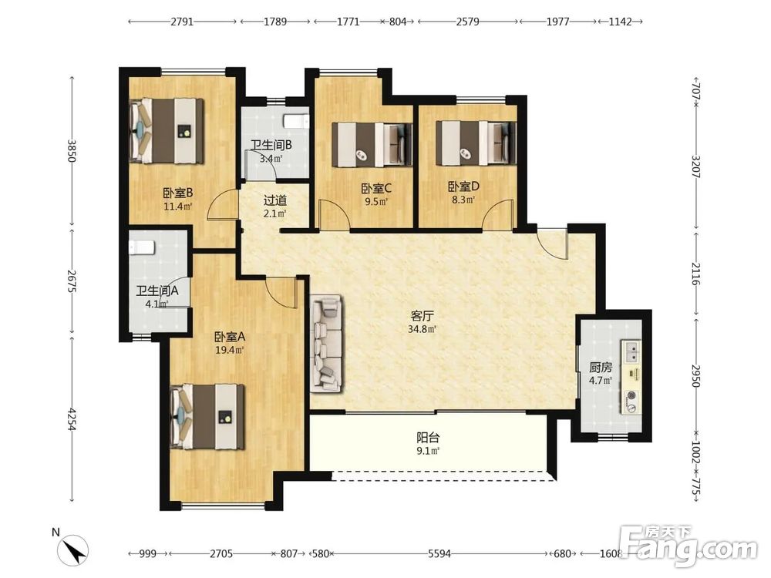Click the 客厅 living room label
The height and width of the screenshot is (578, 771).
pos(422,315)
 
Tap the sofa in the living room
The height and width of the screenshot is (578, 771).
pos(325,344)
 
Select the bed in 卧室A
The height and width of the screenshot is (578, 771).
pos(207,417)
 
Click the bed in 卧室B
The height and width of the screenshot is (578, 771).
pos(167,131)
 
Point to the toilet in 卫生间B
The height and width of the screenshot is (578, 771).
pos(297,121)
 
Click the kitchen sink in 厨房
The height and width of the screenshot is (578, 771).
pos(633,351)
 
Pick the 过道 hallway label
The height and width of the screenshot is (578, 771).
pos(275,200)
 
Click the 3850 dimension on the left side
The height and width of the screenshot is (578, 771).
pos(72,151)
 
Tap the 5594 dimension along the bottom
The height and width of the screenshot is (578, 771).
pos(439,554)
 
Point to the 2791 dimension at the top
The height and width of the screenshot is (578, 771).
pos(182,22)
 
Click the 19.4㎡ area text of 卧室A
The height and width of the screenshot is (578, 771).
pos(230,351)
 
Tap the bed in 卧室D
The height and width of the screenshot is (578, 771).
pos(476,143)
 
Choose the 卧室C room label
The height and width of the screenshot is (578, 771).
pos(376,189)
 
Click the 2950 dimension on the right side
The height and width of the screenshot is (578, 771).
pos(695,375)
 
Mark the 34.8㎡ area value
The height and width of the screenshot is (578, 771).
pos(423,329)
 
